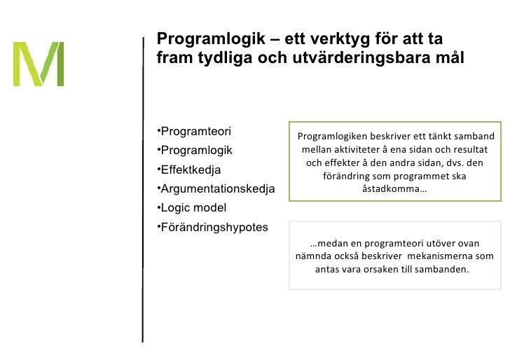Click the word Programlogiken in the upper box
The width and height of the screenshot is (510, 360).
332,137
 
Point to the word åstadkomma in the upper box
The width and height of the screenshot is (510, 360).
393,190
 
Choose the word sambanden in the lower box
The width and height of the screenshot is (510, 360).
443,269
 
